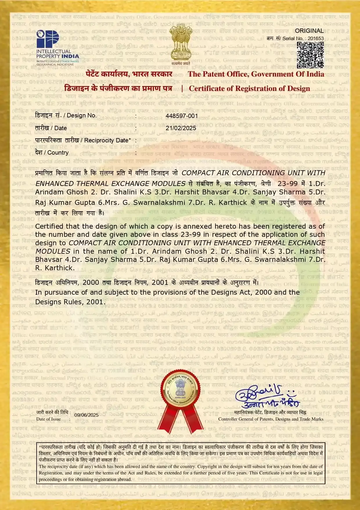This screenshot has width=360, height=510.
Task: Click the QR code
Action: coord(310,55)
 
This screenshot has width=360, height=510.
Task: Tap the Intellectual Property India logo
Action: coord(57,48)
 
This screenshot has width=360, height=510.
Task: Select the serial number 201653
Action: coord(316,38)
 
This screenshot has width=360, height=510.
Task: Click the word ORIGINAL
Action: coord(309,31)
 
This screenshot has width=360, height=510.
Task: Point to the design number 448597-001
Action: coord(182,116)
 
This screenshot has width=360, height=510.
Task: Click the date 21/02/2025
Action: coord(181,128)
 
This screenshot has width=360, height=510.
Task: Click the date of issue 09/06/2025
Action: coord(86,415)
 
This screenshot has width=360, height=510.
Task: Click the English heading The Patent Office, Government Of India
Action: coord(256,74)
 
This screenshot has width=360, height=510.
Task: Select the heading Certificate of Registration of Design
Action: coord(249,89)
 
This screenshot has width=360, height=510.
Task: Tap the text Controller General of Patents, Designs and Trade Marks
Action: coord(271,419)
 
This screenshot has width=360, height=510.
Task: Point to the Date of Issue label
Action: coord(48,419)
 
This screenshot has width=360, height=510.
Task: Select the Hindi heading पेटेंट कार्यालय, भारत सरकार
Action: coord(129,74)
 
